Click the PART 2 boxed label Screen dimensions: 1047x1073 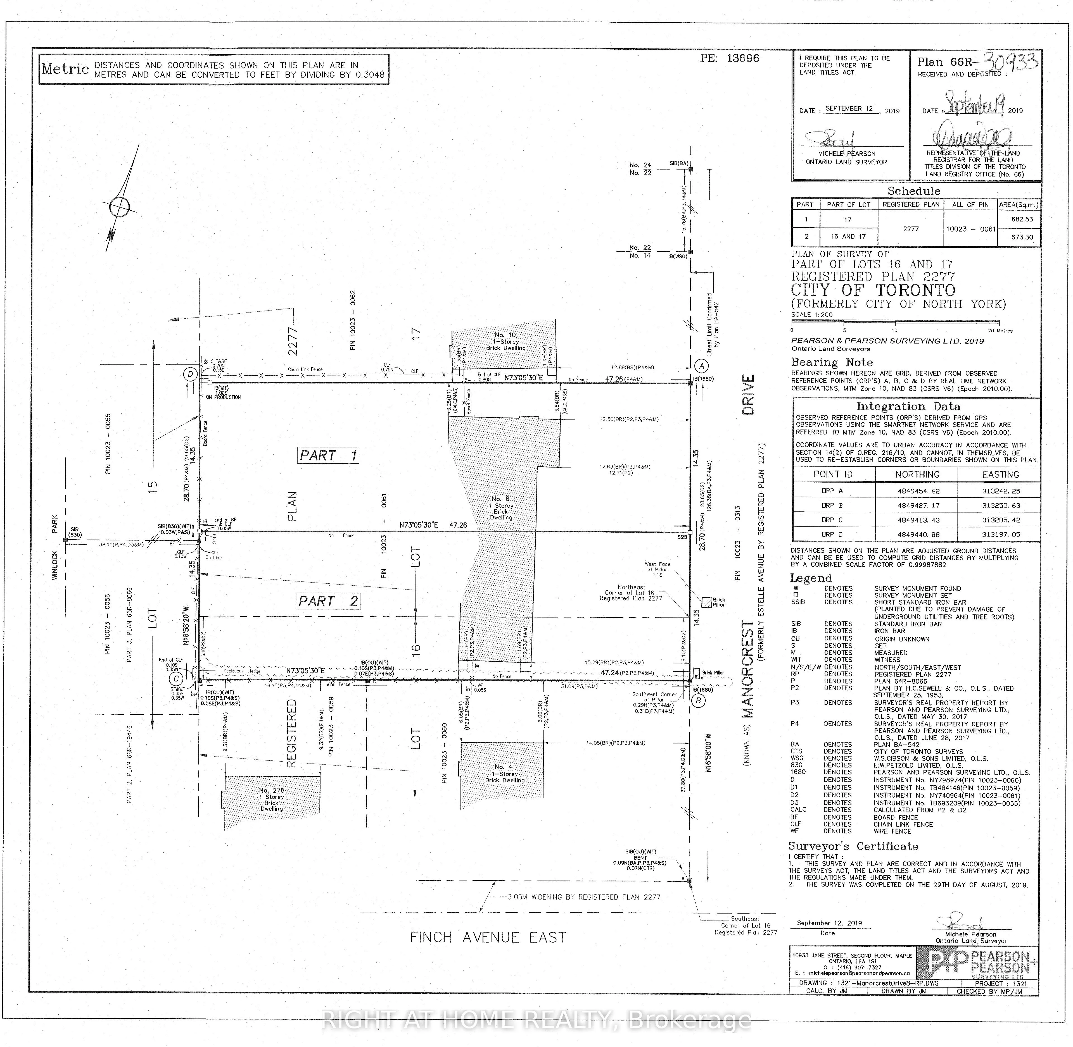(328, 602)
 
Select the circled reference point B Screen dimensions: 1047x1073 (698, 701)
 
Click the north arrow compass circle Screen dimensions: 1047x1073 (119, 207)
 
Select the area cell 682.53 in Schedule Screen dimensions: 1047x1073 (1022, 219)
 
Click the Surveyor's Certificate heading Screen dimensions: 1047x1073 (853, 846)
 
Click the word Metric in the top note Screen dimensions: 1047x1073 (65, 69)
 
